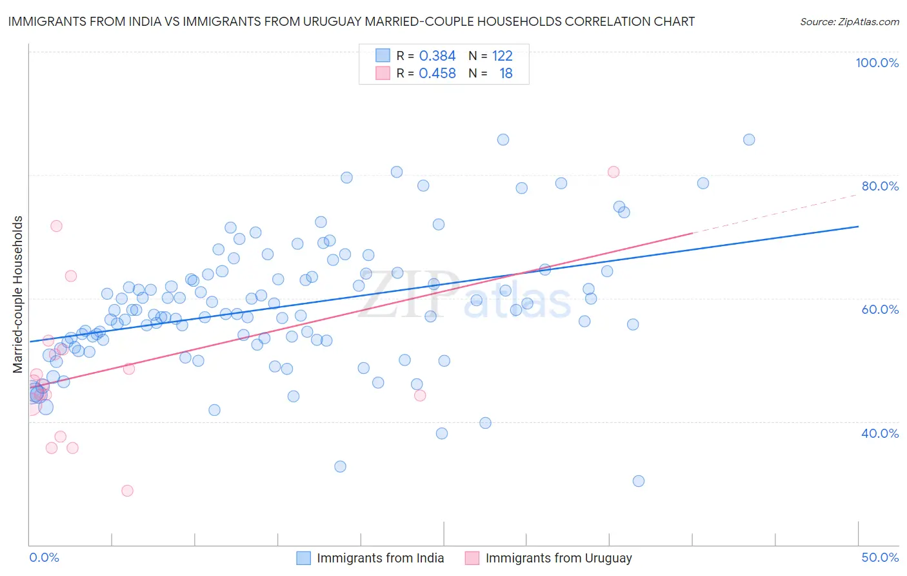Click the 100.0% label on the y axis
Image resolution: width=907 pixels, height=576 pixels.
[x=877, y=63]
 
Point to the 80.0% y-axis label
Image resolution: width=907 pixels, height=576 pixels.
[x=880, y=186]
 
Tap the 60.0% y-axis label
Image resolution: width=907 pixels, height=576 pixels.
[x=880, y=309]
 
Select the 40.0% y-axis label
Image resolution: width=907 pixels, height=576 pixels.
[x=880, y=433]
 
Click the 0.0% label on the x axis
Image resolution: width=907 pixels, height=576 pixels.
[x=44, y=557]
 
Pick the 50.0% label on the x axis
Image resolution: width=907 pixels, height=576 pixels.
[x=880, y=557]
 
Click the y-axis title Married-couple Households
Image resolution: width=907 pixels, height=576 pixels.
[x=18, y=294]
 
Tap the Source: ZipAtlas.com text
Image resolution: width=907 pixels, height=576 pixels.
[x=849, y=21]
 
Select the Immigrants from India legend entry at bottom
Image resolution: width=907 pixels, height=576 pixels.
[x=380, y=558]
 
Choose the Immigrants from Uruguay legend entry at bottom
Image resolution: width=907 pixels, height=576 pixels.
[x=559, y=558]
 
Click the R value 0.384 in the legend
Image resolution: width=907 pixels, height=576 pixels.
[x=437, y=56]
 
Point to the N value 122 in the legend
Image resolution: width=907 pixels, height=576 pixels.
[x=502, y=56]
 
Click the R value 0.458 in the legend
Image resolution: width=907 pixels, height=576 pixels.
[x=437, y=74]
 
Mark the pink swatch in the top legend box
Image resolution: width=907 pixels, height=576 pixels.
[x=383, y=74]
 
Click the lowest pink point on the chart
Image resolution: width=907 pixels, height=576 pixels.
[x=128, y=491]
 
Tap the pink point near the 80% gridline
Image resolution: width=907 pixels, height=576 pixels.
[x=613, y=172]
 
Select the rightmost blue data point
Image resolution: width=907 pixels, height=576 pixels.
[x=749, y=139]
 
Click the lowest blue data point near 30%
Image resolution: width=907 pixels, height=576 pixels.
[x=639, y=481]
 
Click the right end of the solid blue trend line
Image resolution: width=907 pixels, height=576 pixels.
[x=859, y=227]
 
